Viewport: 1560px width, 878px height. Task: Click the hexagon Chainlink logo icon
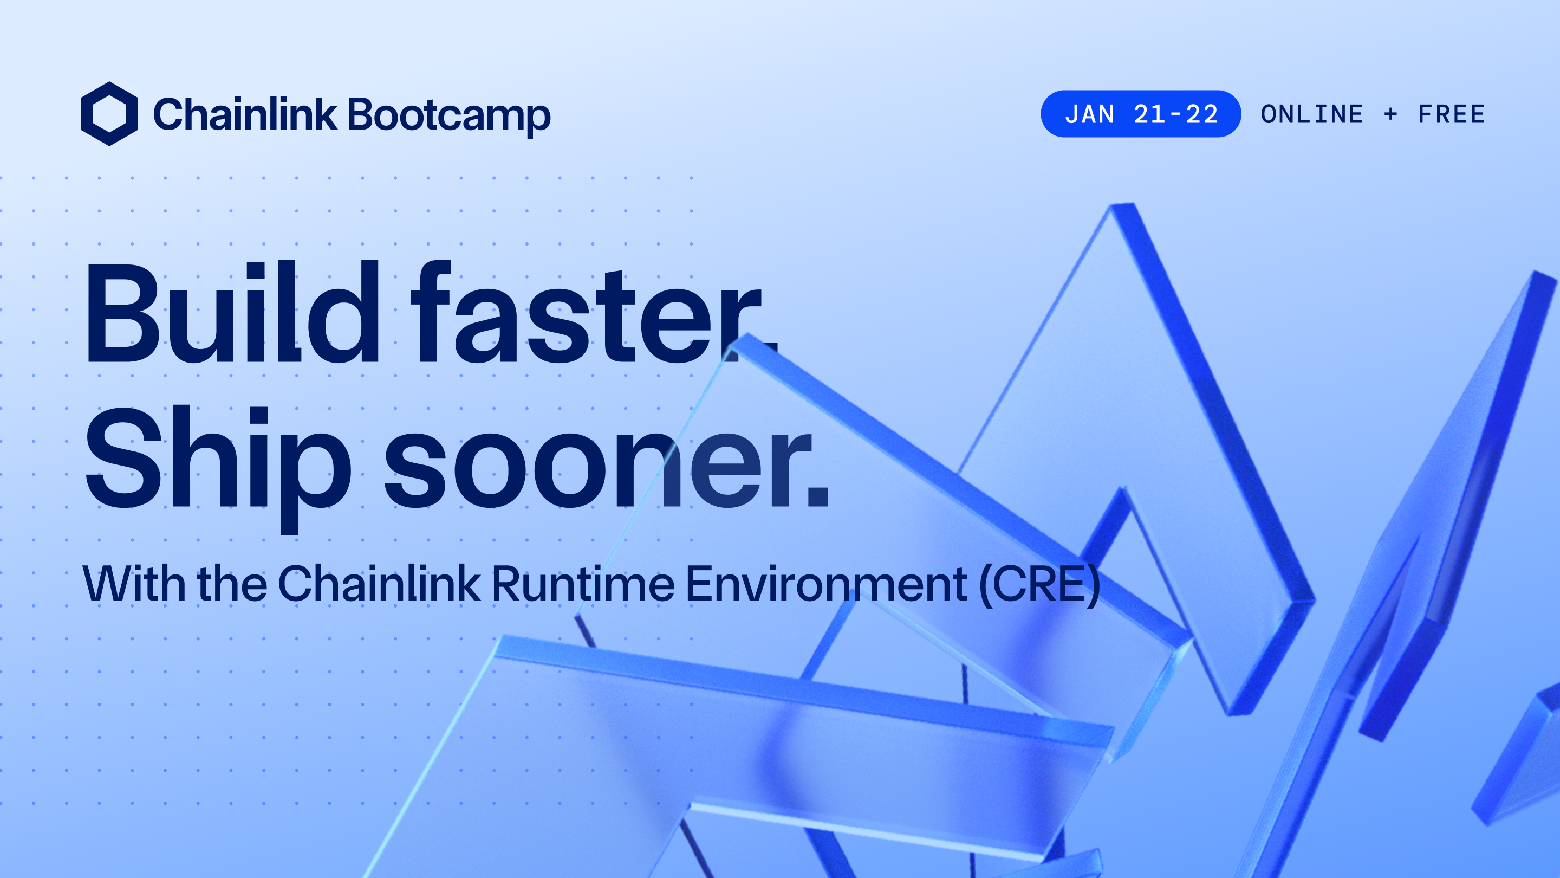point(109,114)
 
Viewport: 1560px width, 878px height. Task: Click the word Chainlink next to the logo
point(245,114)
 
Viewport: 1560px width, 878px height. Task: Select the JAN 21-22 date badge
point(1140,114)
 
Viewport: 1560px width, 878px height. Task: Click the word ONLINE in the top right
point(1312,114)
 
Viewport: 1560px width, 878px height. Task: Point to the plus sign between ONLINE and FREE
point(1390,114)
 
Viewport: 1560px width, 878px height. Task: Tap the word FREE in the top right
point(1451,114)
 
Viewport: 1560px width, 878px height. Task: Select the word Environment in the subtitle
point(826,583)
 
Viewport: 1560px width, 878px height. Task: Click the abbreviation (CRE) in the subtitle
point(1039,584)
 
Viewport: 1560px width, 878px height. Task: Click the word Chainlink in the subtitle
point(379,583)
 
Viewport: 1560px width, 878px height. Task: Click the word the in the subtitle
point(232,583)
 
